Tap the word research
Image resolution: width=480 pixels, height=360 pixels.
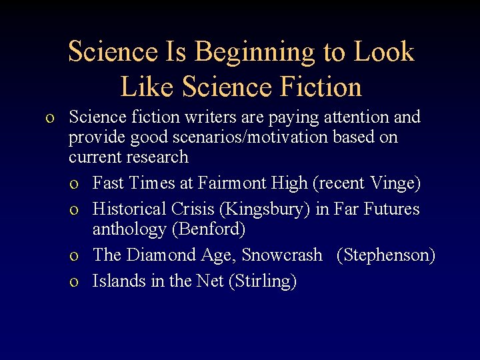pyautogui.click(x=159, y=157)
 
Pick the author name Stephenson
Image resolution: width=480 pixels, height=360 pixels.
pyautogui.click(x=386, y=255)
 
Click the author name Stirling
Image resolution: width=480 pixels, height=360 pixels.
pyautogui.click(x=263, y=281)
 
